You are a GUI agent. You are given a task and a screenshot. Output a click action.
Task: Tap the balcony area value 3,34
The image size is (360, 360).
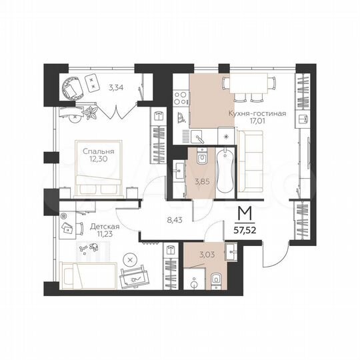tap(115, 87)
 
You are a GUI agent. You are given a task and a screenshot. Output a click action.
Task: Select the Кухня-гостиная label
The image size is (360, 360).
tap(257, 113)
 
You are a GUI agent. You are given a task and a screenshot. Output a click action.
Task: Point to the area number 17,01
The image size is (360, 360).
tap(257, 122)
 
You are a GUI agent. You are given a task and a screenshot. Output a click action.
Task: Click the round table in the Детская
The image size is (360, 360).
tap(131, 259)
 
